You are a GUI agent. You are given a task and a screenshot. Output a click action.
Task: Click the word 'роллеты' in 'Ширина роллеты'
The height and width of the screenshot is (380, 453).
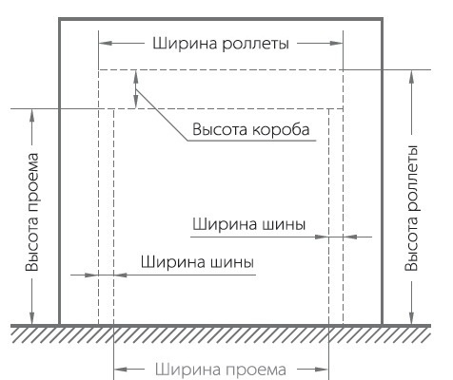coord(256,44)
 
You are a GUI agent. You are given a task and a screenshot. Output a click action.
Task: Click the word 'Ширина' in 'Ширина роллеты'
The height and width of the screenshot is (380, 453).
coord(185,43)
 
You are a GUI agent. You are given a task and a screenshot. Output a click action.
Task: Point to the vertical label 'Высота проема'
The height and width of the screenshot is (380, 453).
coord(32,212)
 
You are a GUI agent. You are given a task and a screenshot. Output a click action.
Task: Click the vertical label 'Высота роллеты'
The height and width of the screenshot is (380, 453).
coord(411,208)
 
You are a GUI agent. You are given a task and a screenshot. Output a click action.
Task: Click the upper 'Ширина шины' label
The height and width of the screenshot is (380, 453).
coord(249,224)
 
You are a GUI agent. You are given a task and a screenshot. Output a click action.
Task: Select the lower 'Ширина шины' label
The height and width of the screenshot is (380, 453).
coord(197,262)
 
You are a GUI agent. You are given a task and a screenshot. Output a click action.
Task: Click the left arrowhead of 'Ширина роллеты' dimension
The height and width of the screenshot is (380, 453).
coord(106,43)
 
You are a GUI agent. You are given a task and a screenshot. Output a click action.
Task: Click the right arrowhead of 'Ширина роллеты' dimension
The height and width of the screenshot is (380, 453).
coord(337,43)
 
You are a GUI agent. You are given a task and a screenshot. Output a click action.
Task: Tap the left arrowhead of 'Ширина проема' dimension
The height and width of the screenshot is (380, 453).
coord(121,370)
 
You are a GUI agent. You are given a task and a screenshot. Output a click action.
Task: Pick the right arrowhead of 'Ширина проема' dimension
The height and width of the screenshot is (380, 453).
coord(322,370)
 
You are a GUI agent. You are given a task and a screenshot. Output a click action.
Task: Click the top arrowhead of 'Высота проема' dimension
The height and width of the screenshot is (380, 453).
coord(31,116)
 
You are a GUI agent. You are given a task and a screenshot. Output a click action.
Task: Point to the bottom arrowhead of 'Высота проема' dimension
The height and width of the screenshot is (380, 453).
coord(31,317)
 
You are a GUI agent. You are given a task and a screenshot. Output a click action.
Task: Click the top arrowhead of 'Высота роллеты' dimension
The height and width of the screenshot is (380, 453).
coord(412,77)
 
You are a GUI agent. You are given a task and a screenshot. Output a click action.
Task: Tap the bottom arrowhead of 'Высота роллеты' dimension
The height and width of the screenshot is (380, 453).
coord(412,317)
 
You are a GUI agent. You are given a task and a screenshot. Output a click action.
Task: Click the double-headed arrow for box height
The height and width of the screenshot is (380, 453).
coord(136,89)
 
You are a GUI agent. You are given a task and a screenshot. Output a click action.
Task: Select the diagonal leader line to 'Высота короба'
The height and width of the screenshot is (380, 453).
coord(162,115)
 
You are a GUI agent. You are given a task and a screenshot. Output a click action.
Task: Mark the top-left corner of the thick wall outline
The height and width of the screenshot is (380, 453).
coord(60,19)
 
